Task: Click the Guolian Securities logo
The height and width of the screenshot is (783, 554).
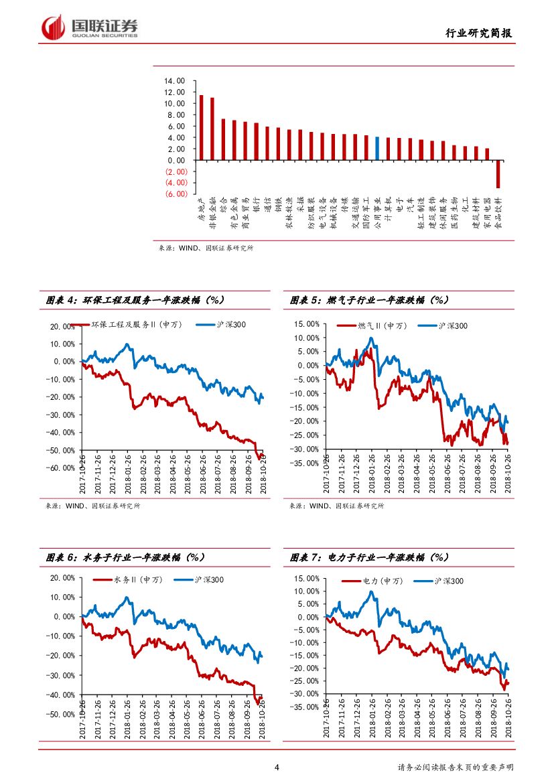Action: tap(90, 27)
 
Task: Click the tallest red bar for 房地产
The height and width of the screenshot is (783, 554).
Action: tap(201, 127)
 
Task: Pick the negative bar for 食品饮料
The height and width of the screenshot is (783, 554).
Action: tap(498, 174)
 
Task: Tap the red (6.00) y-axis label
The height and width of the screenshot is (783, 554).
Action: tap(176, 194)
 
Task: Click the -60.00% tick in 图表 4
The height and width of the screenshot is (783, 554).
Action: tap(62, 468)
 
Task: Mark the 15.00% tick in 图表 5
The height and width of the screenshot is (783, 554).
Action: tap(307, 324)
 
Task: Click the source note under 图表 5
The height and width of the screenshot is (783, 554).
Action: tap(337, 506)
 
